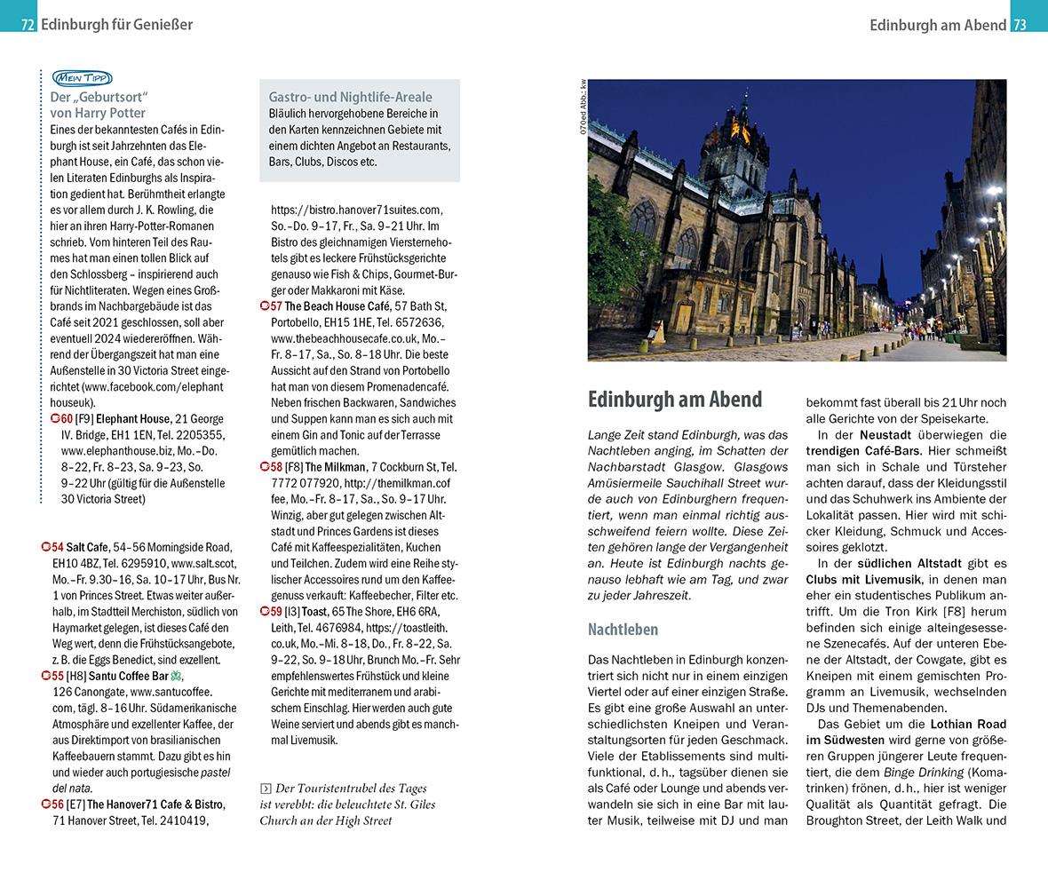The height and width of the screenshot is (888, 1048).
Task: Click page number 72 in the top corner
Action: [x=28, y=25]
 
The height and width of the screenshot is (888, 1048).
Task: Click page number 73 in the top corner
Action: [x=1020, y=25]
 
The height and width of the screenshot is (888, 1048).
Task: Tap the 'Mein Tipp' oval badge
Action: [x=81, y=78]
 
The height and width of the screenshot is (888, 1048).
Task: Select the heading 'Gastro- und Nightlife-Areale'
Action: [x=350, y=97]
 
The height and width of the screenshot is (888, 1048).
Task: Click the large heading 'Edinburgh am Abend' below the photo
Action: [x=675, y=400]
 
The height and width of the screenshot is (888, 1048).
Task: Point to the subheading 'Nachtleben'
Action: [x=623, y=630]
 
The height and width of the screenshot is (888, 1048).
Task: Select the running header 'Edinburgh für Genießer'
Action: [x=116, y=25]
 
